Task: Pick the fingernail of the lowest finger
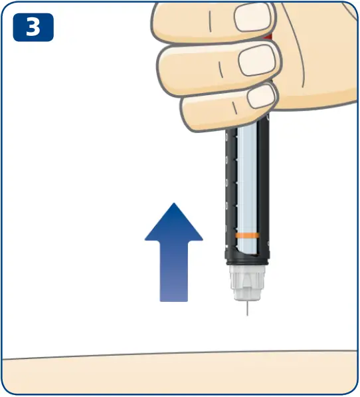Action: [260, 96]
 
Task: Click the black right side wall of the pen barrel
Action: [265, 186]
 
